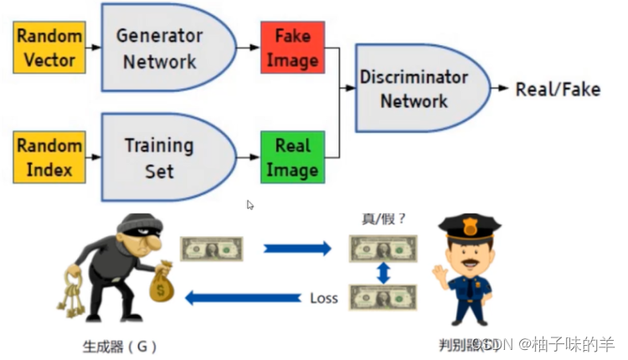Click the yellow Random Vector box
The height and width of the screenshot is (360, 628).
[x=49, y=48]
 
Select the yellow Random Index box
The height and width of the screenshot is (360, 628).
[x=49, y=158]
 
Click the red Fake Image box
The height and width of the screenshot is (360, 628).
[x=292, y=49]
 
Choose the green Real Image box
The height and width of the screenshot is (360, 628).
[x=292, y=157]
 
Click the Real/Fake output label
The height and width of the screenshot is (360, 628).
[x=558, y=90]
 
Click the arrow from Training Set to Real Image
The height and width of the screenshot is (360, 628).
[x=248, y=157]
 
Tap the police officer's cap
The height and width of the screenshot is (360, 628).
[x=469, y=227]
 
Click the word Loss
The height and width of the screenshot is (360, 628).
[x=324, y=298]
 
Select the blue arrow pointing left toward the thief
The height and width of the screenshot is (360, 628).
[x=243, y=297]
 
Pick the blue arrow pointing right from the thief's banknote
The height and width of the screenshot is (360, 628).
[x=297, y=249]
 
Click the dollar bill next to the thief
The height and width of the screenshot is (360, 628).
[x=213, y=249]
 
